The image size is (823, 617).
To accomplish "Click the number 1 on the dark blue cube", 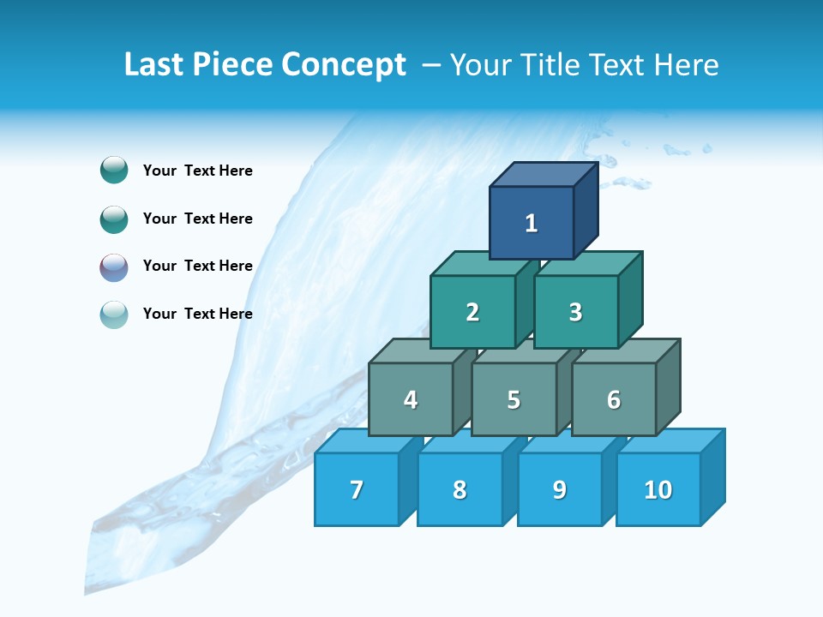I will click(x=532, y=224).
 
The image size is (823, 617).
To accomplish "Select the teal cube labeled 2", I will click(x=472, y=313).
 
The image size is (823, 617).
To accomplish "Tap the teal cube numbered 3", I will click(x=575, y=313).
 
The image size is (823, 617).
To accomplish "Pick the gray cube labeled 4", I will click(x=411, y=400).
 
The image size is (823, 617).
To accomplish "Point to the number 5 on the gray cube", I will click(x=514, y=400).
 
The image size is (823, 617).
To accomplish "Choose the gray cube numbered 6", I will click(x=614, y=400).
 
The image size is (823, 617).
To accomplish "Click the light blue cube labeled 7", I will click(x=357, y=490).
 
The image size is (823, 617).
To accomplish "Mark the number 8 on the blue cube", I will click(x=460, y=490).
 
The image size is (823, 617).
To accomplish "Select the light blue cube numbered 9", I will click(x=559, y=490).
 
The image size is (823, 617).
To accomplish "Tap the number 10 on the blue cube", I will click(x=658, y=490).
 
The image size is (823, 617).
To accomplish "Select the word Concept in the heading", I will click(x=344, y=65).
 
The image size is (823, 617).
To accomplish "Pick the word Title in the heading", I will click(x=551, y=65).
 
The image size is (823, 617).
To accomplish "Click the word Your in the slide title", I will click(x=482, y=65).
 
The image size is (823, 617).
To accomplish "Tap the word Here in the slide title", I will click(x=686, y=65).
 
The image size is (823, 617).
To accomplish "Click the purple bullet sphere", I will click(x=114, y=267).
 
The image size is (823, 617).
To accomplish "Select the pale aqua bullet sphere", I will click(x=114, y=314).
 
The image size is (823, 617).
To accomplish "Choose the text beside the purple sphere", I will click(x=197, y=266).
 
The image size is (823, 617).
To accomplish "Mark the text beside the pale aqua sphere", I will click(x=197, y=314).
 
